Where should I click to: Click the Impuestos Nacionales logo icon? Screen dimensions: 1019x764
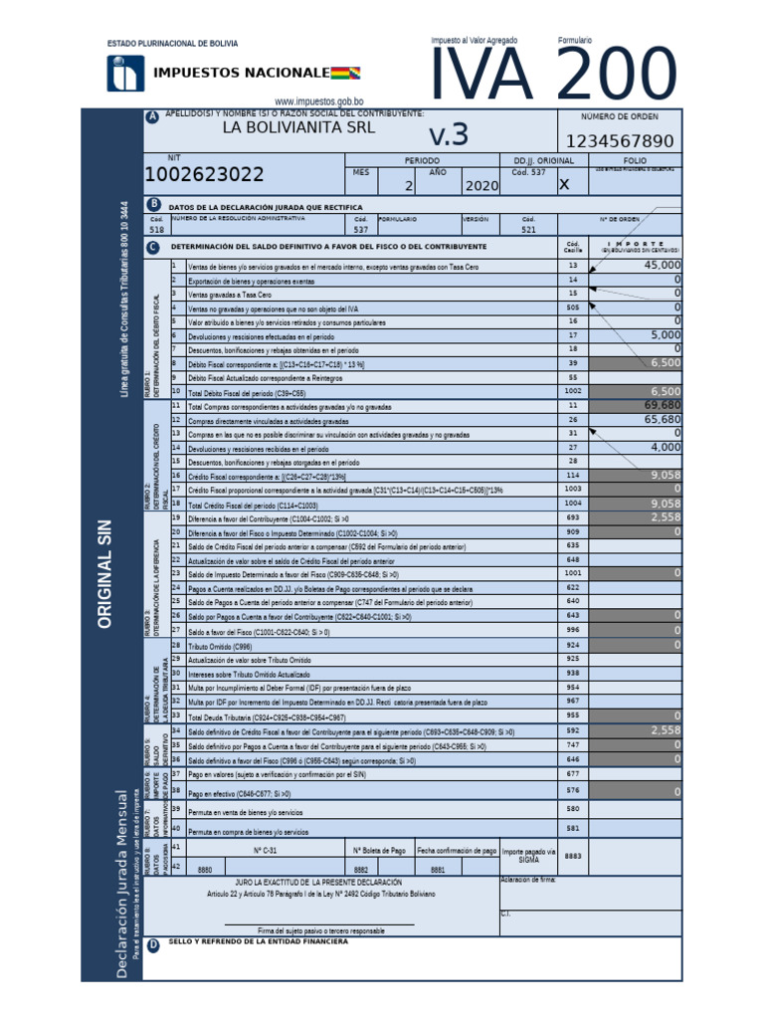pyautogui.click(x=125, y=73)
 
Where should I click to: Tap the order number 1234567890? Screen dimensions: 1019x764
pyautogui.click(x=620, y=141)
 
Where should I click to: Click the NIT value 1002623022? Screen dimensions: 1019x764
pyautogui.click(x=205, y=175)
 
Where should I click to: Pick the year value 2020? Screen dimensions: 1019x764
pyautogui.click(x=480, y=186)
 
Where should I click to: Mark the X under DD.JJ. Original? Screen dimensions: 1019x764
pyautogui.click(x=565, y=184)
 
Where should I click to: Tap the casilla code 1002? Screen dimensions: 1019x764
pyautogui.click(x=572, y=392)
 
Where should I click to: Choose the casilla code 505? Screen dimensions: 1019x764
pyautogui.click(x=572, y=307)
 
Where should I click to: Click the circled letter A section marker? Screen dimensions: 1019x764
pyautogui.click(x=152, y=117)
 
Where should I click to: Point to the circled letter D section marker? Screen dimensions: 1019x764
pyautogui.click(x=152, y=945)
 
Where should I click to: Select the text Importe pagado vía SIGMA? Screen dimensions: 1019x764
pyautogui.click(x=528, y=855)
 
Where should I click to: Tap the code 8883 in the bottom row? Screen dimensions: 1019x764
pyautogui.click(x=573, y=856)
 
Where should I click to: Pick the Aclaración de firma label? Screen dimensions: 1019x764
pyautogui.click(x=528, y=880)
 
